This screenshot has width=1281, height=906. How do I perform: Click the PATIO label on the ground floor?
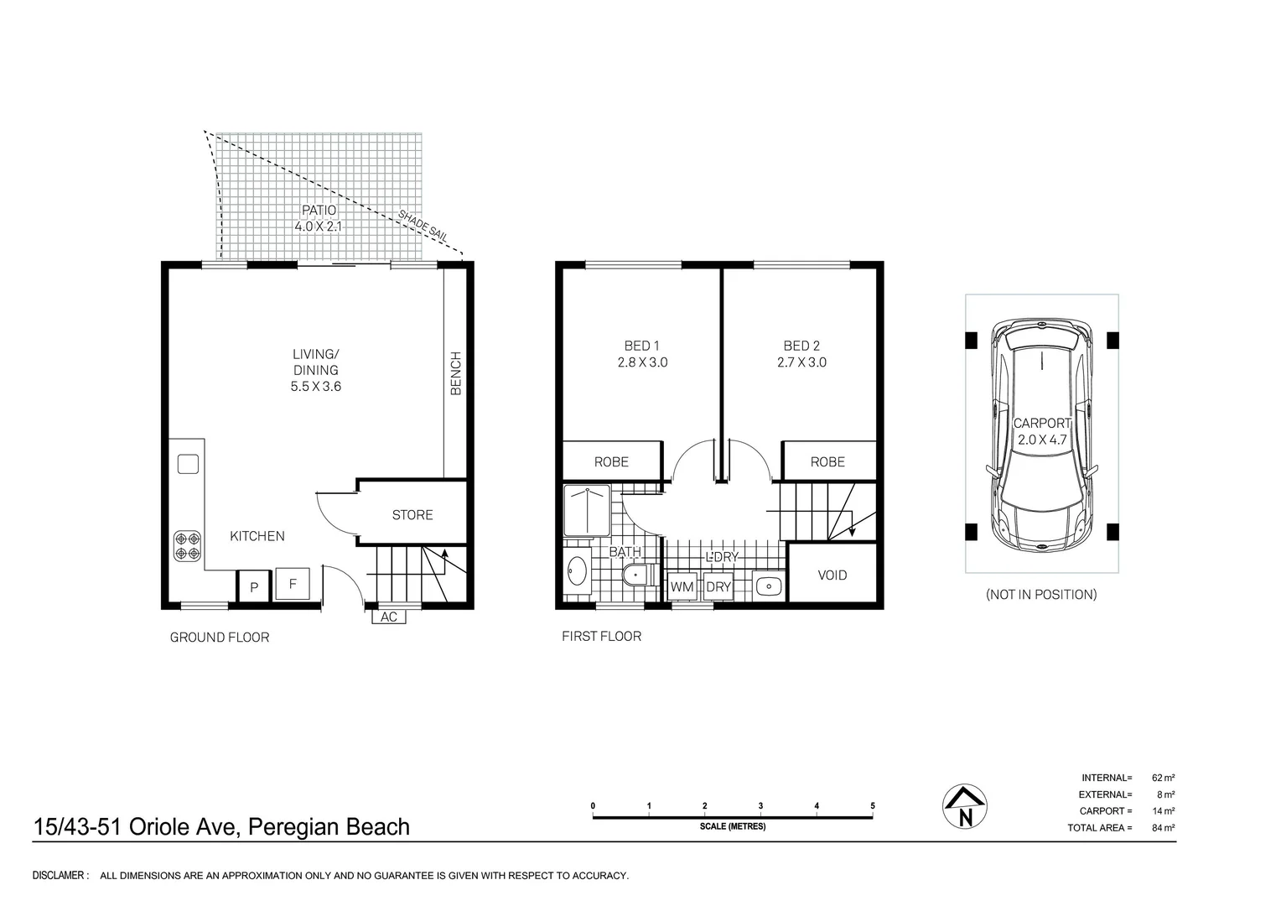319,211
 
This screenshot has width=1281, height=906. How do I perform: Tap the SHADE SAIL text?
423,226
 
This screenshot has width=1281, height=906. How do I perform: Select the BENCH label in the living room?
456,373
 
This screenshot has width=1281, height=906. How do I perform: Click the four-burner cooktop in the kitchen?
187,546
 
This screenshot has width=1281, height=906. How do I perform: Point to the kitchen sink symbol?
188,464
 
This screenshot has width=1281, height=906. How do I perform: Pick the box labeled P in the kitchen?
253,587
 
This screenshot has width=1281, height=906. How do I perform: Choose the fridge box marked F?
293,584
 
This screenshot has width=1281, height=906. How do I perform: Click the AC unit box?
389,617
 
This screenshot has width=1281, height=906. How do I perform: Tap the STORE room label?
412,515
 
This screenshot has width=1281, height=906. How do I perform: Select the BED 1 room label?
642,346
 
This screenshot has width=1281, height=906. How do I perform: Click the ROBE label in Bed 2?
827,462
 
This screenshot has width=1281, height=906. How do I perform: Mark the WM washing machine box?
682,587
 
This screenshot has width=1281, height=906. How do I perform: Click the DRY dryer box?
718,587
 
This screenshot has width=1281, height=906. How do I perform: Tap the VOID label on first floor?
832,575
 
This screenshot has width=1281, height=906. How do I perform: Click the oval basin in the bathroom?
576,573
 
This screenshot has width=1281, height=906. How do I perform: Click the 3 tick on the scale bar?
760,806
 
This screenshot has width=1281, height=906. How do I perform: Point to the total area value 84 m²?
1163,828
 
